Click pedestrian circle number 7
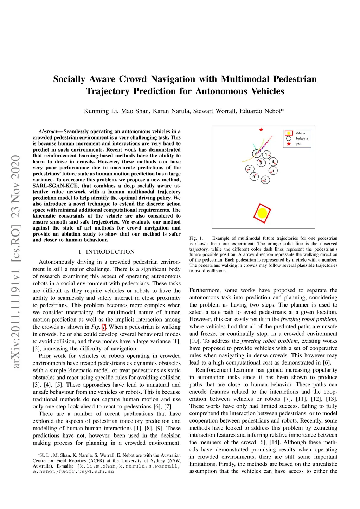tap(250, 169)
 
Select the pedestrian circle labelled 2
tap(265, 180)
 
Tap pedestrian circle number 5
tap(273, 170)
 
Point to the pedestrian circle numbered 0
tap(256, 154)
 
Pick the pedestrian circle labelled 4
tap(273, 162)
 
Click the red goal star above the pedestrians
tap(261, 130)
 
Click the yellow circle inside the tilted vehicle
tap(262, 213)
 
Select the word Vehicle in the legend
tap(300, 133)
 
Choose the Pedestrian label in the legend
tap(302, 138)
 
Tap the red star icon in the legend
tap(289, 144)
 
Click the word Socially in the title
tap(69, 79)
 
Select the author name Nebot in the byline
tap(273, 111)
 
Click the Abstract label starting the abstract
tap(48, 131)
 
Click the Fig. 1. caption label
tap(196, 238)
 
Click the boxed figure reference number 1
tap(104, 327)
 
